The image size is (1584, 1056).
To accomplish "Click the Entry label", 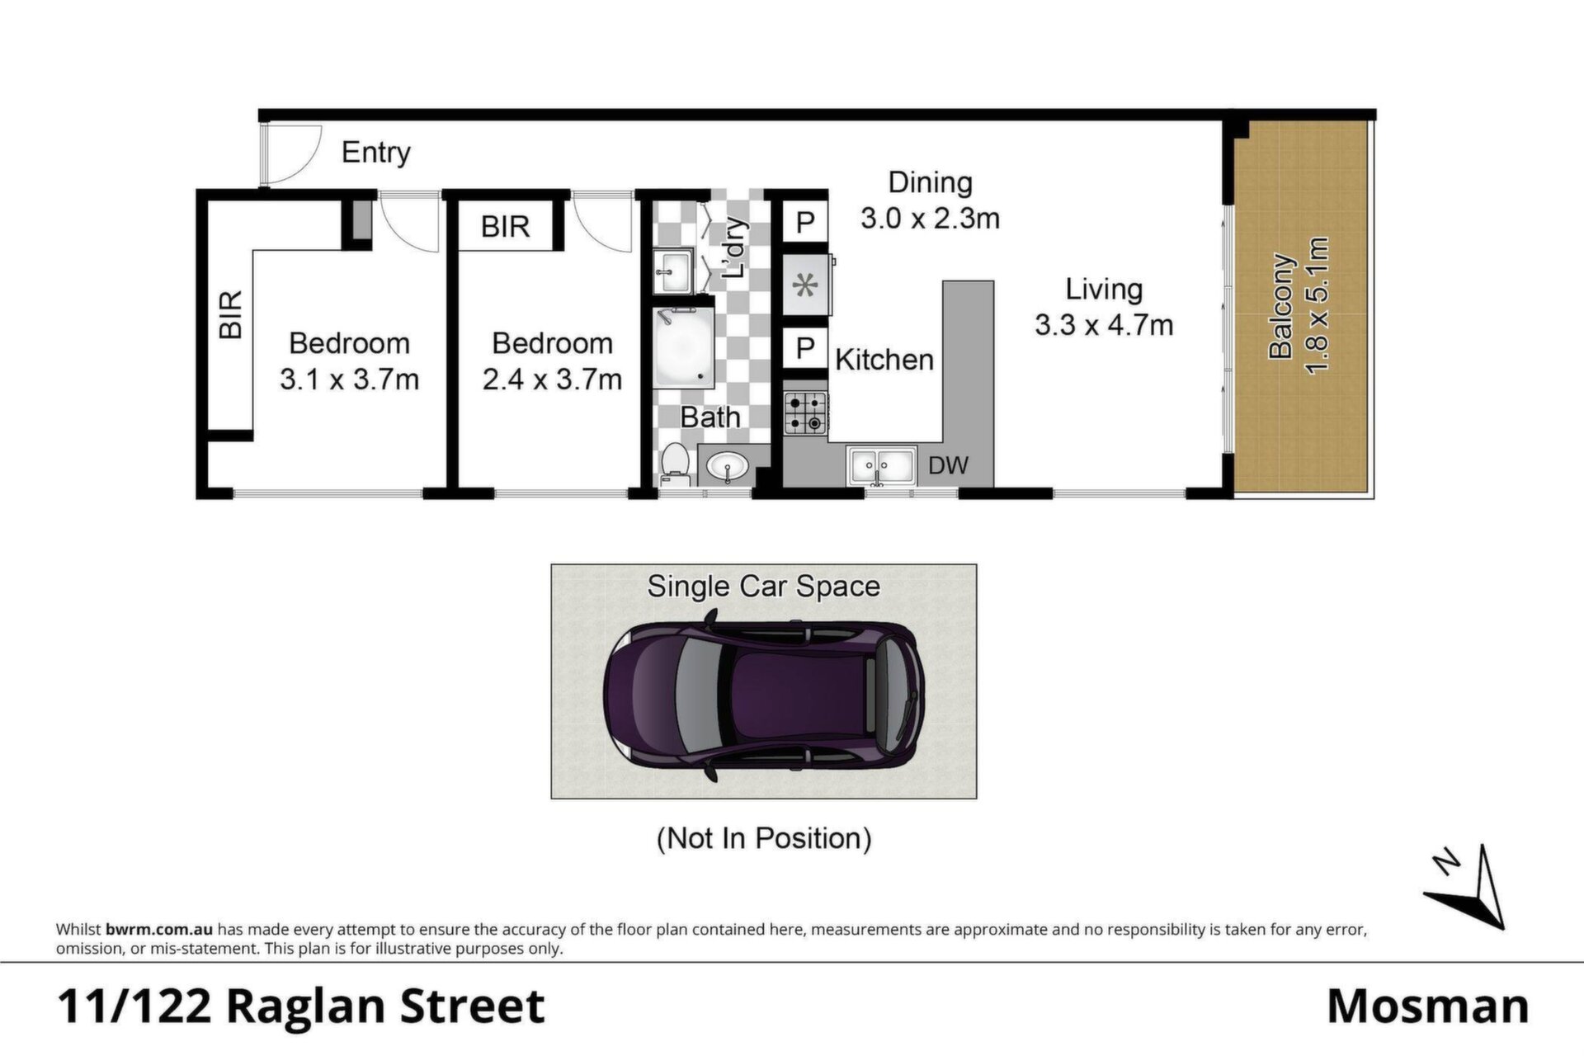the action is (375, 153).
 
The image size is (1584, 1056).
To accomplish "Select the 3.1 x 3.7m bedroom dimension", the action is (349, 379).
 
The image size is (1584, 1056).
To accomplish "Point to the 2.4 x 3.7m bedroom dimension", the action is (552, 379).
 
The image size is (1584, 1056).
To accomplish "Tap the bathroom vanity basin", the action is (728, 467).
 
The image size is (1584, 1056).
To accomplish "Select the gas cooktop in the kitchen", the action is (805, 413).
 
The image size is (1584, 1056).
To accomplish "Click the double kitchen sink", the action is (881, 466).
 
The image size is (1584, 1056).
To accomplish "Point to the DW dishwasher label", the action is (948, 465).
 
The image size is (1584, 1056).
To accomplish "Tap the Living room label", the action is (1104, 289).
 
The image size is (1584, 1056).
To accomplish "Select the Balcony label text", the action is (1280, 306).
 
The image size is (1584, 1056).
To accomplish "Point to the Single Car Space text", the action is (763, 587).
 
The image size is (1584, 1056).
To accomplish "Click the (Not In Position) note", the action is (764, 838).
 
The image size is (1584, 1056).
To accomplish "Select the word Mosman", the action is (1428, 1006).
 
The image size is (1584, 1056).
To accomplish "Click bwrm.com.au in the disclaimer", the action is (159, 930).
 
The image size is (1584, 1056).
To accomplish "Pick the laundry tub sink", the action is (674, 271).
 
